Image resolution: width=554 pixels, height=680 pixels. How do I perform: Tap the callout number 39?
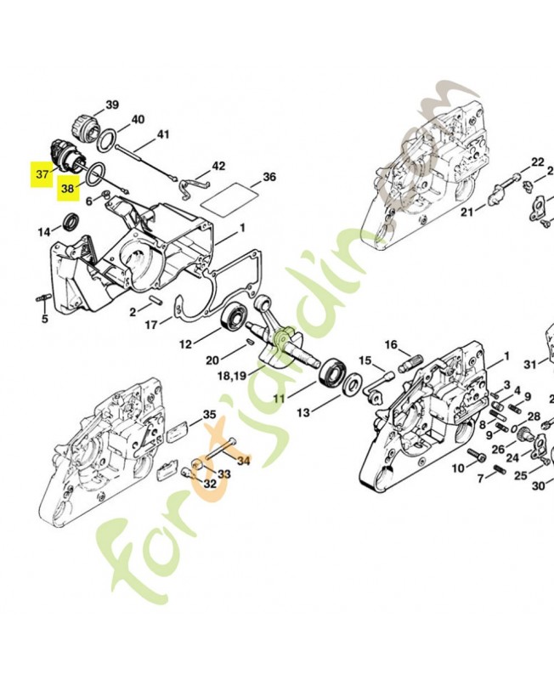(x=112, y=105)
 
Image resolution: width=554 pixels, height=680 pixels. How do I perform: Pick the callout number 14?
(x=43, y=232)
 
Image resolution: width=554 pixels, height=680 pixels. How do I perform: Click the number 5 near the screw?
(x=45, y=320)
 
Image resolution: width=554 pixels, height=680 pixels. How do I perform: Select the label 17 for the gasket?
(x=150, y=325)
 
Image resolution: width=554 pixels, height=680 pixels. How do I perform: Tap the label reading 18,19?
(x=233, y=375)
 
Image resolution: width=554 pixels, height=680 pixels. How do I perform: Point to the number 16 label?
(x=391, y=344)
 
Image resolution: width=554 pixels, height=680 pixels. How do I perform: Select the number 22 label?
(x=537, y=161)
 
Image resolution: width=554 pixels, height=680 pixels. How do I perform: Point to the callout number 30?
(x=538, y=486)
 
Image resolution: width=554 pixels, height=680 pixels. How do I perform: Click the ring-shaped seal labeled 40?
(x=109, y=139)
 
